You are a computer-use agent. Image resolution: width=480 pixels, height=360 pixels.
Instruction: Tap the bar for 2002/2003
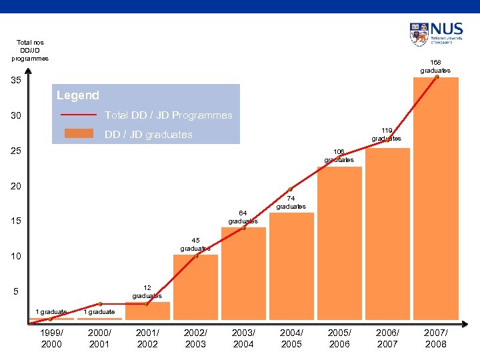click(195, 287)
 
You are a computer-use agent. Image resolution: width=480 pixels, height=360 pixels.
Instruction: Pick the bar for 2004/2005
click(291, 267)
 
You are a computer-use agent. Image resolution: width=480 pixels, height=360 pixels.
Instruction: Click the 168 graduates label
click(435, 66)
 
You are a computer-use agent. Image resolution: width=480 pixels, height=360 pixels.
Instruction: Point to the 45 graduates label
click(195, 244)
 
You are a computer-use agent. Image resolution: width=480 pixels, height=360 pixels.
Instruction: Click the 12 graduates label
click(147, 291)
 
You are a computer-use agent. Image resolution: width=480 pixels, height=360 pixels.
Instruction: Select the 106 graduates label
click(339, 155)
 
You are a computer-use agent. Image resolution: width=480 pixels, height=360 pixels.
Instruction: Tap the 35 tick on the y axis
click(17, 81)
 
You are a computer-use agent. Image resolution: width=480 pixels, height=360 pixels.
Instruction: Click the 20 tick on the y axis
click(17, 186)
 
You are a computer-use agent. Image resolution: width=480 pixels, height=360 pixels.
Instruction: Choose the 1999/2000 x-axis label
click(51, 339)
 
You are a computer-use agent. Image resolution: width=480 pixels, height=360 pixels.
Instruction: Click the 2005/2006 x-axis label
click(339, 339)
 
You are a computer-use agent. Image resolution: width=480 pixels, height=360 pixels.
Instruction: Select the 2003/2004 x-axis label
click(243, 339)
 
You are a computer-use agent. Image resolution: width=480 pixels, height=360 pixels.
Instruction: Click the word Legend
click(78, 95)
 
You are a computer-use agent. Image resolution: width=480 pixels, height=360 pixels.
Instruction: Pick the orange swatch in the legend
click(79, 133)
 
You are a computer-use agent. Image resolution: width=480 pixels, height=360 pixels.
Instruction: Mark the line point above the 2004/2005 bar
click(291, 189)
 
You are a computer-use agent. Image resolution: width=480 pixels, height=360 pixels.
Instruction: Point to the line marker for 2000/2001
click(99, 304)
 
